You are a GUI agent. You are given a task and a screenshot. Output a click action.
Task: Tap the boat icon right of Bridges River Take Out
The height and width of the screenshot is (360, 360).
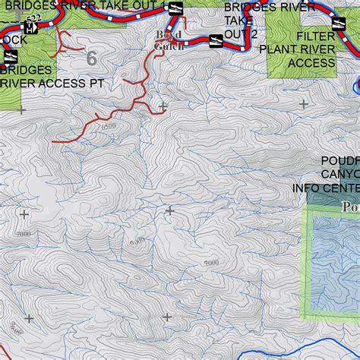tap(174, 8)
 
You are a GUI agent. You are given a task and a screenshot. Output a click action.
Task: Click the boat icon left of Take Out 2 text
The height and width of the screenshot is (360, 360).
tap(215, 39)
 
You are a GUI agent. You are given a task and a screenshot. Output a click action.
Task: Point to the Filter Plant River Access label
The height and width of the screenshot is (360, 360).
tap(316, 49)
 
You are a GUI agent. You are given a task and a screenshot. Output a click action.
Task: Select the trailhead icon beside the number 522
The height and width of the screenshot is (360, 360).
tap(30, 28)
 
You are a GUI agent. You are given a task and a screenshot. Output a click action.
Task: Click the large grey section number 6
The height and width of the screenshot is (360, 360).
tap(92, 58)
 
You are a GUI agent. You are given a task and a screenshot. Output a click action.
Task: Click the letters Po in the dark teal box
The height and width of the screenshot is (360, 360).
tap(351, 207)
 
